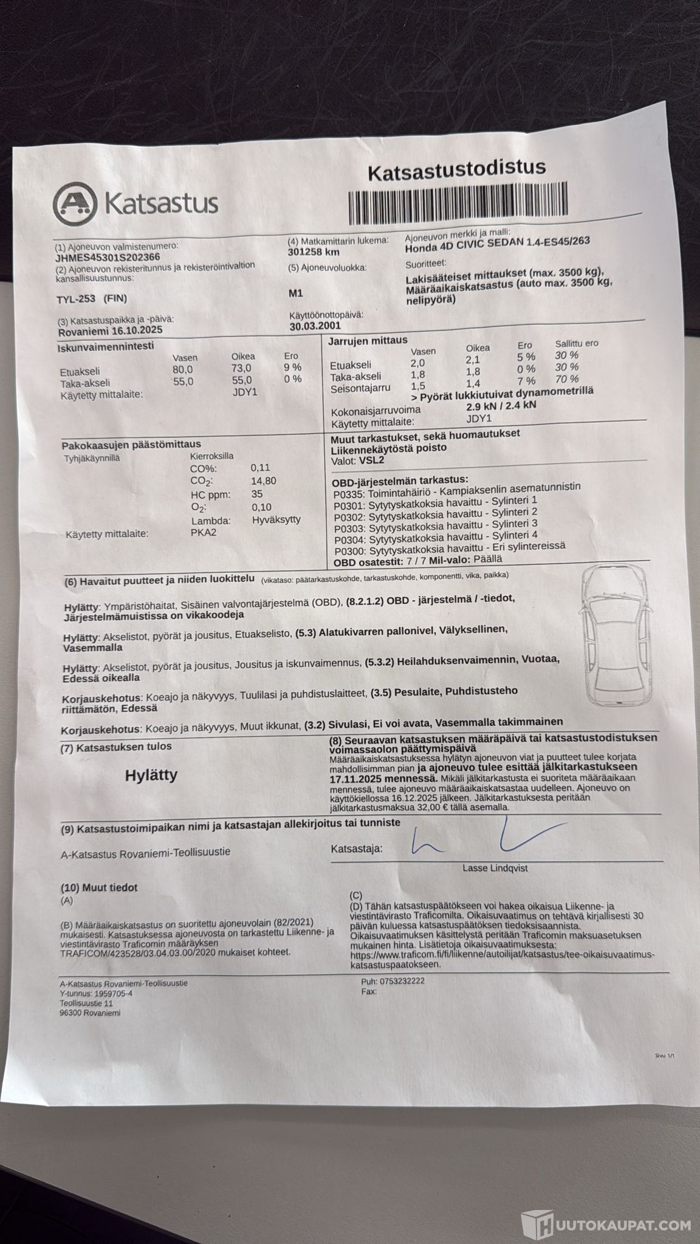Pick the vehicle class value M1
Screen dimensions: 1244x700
[x=297, y=293]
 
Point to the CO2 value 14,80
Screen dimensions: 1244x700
[x=264, y=480]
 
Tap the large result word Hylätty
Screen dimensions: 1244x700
[x=151, y=775]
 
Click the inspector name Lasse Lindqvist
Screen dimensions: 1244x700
[x=495, y=868]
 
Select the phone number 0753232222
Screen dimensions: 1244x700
[x=402, y=981]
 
